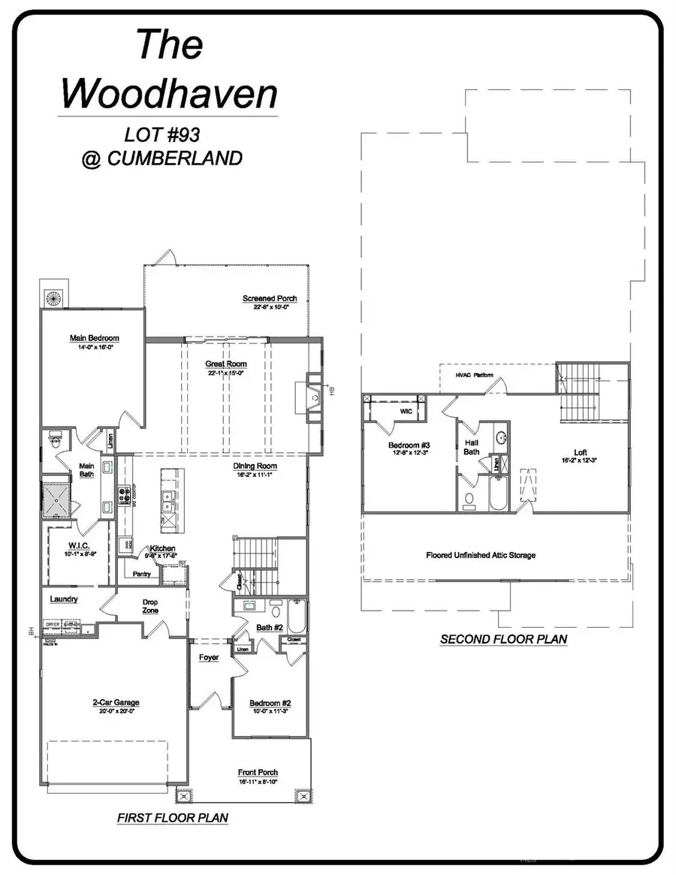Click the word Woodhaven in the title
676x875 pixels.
click(x=169, y=93)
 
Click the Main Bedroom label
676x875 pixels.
click(x=94, y=338)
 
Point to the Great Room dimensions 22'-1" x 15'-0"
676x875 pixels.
click(x=226, y=373)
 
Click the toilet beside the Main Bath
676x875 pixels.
click(x=55, y=442)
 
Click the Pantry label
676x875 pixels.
click(x=141, y=575)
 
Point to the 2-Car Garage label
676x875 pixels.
click(x=116, y=703)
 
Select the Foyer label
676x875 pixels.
click(x=209, y=657)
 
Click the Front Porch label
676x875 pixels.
click(x=258, y=772)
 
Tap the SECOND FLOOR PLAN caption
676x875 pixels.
click(x=503, y=640)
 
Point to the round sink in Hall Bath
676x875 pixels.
click(x=500, y=436)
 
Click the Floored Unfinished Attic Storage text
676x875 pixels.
click(x=481, y=555)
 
